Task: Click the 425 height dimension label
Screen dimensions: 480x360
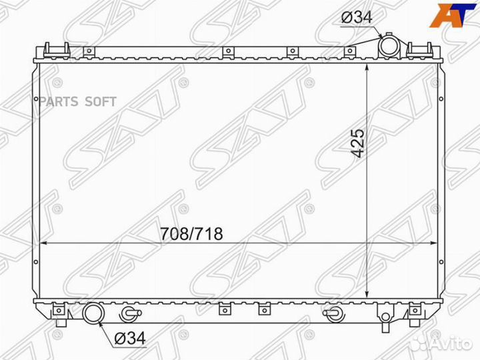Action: [x=359, y=143]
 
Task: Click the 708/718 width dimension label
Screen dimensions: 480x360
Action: [x=191, y=234]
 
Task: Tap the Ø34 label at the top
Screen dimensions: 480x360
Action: [x=357, y=17]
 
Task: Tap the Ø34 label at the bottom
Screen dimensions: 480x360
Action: [x=130, y=338]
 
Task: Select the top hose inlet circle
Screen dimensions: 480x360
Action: [x=389, y=47]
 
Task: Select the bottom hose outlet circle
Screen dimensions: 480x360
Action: [x=94, y=313]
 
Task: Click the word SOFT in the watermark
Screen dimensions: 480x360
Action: [x=101, y=101]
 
